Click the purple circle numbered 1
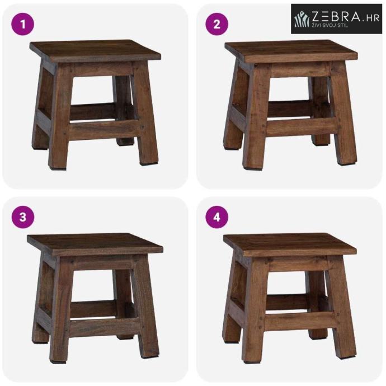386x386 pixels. (22, 24)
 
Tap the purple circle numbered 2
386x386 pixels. (217, 24)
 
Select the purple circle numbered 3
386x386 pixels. (22, 218)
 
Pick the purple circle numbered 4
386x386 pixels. (217, 218)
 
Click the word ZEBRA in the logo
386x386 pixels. (336, 16)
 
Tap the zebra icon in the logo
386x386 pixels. (302, 18)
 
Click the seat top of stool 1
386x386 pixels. (95, 50)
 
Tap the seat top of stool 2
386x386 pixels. (291, 51)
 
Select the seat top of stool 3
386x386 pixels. (95, 244)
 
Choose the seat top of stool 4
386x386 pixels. (290, 244)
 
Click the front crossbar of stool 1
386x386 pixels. (104, 129)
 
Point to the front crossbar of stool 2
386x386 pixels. (302, 127)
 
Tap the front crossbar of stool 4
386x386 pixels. (301, 321)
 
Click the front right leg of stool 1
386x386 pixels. (145, 113)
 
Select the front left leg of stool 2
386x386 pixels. (256, 115)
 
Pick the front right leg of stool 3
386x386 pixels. (146, 308)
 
